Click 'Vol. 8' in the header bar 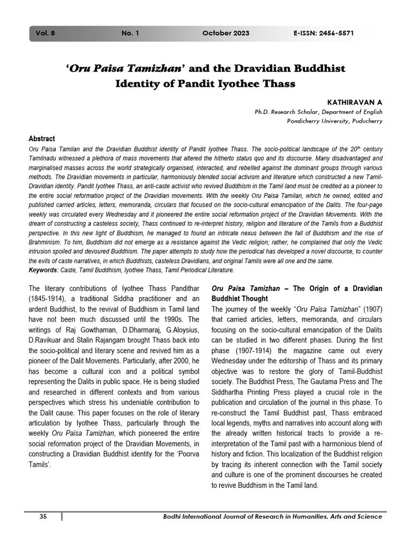coord(46,33)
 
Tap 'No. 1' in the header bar coord(130,33)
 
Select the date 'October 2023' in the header coord(225,33)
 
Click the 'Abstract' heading coord(41,139)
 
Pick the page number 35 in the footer coord(44,516)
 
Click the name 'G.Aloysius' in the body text coord(180,330)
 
